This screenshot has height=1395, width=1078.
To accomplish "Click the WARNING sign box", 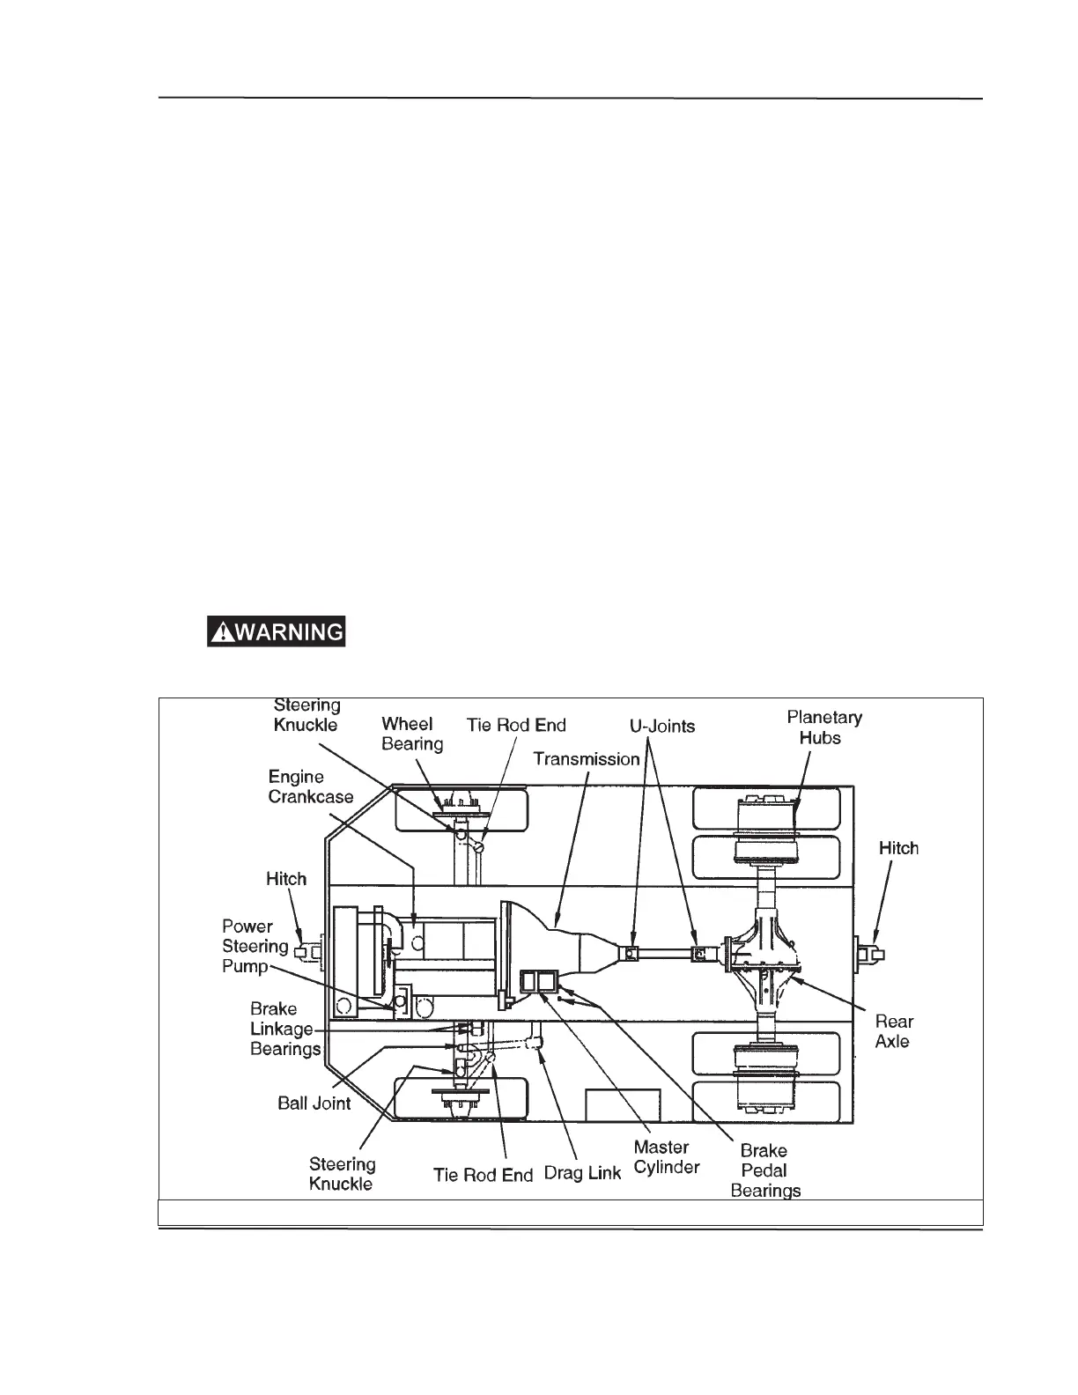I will coord(276,631).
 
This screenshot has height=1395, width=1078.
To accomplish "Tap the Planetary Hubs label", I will coord(823,727).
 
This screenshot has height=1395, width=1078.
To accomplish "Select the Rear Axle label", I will coord(893,1031).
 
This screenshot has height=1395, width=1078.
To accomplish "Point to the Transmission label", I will coord(587,759).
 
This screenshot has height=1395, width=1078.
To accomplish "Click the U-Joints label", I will coord(661,727).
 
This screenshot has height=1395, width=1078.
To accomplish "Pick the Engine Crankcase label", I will coord(310,786).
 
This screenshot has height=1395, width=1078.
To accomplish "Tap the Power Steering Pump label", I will coord(255,946).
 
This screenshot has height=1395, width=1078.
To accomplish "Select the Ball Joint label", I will coord(314,1103).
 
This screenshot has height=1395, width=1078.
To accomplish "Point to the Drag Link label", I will coord(582,1174).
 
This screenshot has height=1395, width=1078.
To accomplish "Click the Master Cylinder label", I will coord(666,1157).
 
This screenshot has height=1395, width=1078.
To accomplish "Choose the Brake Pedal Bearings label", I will coord(764,1170).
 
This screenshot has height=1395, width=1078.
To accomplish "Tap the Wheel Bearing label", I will coord(411,734).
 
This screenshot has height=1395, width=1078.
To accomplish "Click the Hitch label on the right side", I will coord(898,848).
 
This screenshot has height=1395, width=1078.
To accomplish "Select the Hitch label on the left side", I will coord(286,879).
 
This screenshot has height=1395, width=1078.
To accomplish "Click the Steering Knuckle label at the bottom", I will coord(342,1173).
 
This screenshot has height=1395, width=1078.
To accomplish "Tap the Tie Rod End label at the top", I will coord(515,726).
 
